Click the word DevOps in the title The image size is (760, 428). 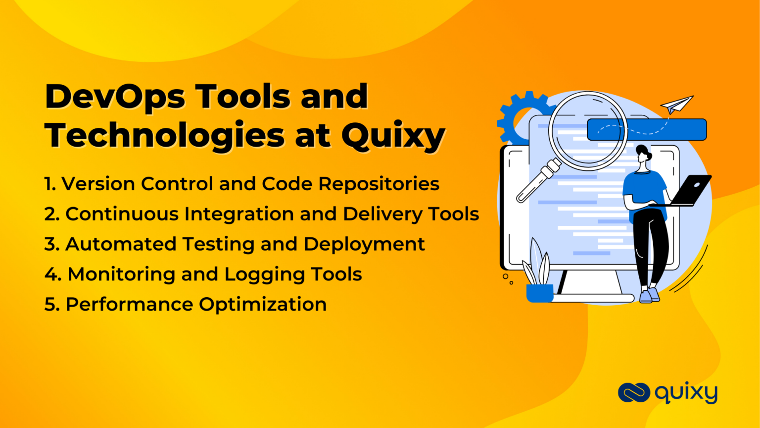point(115,97)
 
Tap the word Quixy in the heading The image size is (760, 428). point(393,136)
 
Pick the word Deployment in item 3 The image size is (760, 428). point(364,244)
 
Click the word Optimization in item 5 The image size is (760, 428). point(263,304)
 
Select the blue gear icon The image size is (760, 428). point(515,116)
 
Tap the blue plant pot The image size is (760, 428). point(539,293)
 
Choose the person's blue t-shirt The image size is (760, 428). point(643,191)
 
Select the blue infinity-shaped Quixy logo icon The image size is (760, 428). point(633,393)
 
